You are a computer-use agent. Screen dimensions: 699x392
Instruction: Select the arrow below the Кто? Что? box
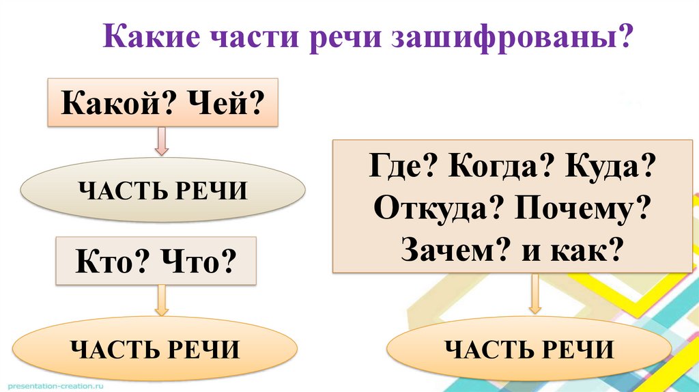(x=161, y=300)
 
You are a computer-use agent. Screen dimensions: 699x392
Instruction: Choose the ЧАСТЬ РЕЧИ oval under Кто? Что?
(x=155, y=350)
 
